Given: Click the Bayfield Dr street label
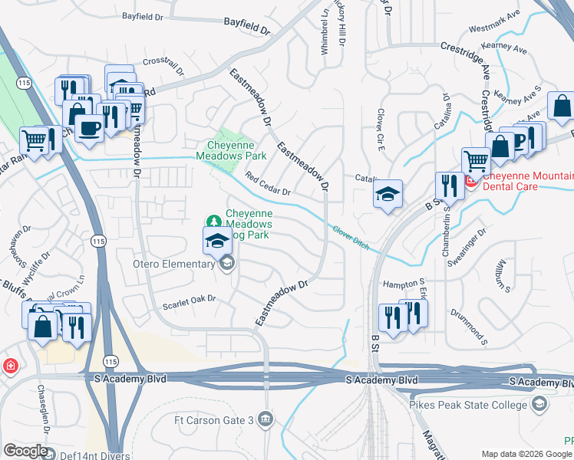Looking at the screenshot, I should pyautogui.click(x=247, y=26).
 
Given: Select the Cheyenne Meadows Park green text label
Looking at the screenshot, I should pyautogui.click(x=236, y=150).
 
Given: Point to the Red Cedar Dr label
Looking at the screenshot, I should pyautogui.click(x=268, y=185).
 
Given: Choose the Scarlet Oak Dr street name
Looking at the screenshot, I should pyautogui.click(x=190, y=302).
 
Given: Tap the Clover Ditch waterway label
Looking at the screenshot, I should pyautogui.click(x=351, y=237).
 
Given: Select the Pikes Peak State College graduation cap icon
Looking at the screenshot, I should pyautogui.click(x=539, y=403).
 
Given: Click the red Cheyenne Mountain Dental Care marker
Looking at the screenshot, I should pyautogui.click(x=470, y=183).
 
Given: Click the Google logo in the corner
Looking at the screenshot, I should pyautogui.click(x=25, y=451).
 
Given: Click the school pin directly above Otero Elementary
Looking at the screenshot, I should pyautogui.click(x=217, y=241).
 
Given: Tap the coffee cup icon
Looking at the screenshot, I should pyautogui.click(x=89, y=128).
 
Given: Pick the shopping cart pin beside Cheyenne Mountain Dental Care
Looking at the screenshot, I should pyautogui.click(x=476, y=162).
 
